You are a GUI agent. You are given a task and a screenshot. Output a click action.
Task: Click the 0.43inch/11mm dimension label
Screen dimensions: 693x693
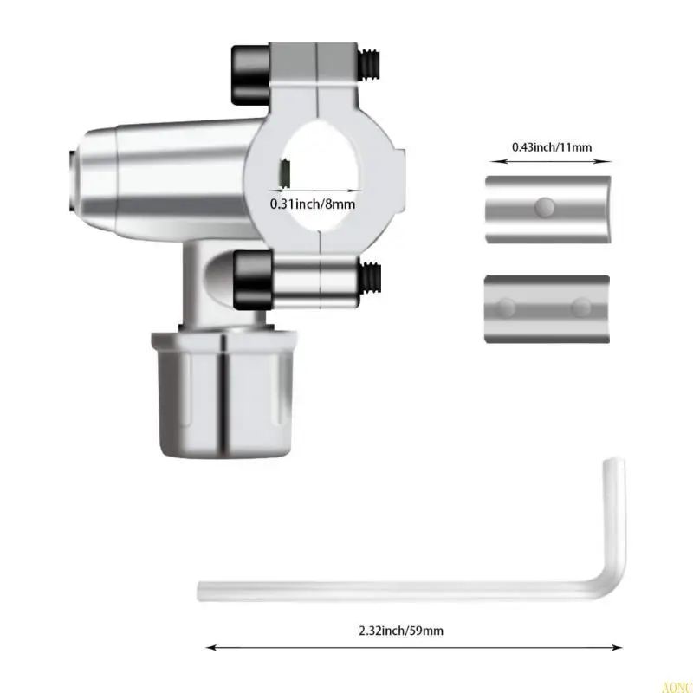pos(551,147)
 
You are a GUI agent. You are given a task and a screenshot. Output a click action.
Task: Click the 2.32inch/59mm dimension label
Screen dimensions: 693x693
pos(402,631)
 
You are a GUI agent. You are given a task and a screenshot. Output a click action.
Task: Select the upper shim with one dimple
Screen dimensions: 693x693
pos(547,209)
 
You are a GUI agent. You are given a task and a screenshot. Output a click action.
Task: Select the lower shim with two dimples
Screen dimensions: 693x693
pos(547,308)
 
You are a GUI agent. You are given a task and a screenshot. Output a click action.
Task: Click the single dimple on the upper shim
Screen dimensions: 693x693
pos(545,207)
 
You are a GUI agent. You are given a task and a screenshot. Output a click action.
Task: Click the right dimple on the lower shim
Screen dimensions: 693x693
pos(581,307)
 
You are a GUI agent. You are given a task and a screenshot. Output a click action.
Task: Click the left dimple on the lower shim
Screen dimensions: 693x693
pos(509,307)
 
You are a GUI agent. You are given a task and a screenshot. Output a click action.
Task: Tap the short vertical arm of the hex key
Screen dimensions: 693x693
pos(612,520)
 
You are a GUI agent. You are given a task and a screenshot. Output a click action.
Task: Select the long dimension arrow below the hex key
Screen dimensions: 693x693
pos(414,645)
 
